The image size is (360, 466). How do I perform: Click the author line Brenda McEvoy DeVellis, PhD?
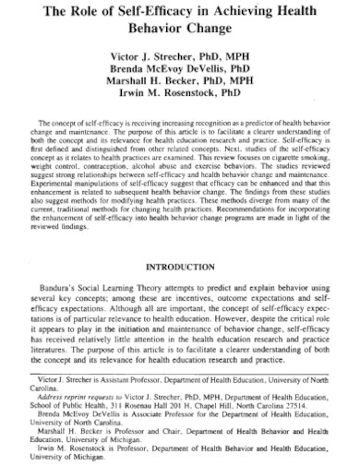coord(179,70)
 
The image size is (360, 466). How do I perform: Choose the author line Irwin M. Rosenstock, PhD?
coord(179,97)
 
